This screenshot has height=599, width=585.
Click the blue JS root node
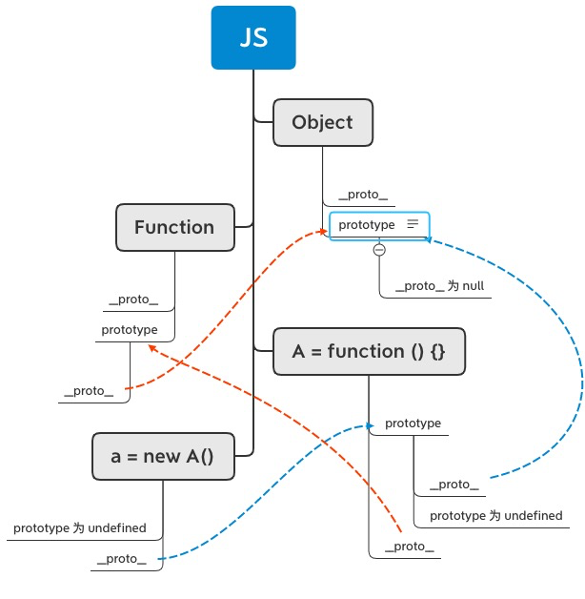click(253, 38)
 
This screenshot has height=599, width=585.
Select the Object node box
click(322, 122)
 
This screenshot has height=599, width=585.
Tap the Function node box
click(174, 227)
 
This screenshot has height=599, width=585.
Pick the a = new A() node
click(162, 456)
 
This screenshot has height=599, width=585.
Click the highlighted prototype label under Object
click(367, 225)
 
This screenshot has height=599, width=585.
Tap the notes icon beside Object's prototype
click(413, 224)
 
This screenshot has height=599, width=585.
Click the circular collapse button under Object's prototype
click(379, 250)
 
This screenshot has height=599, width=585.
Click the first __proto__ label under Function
click(133, 299)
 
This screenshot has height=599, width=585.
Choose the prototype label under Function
click(129, 330)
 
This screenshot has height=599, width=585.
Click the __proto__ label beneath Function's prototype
click(89, 391)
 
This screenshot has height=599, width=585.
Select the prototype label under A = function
click(413, 423)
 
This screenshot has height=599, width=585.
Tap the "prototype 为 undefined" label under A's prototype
click(495, 516)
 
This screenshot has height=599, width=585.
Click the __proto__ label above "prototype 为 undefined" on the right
click(454, 485)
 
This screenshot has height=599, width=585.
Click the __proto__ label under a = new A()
click(121, 559)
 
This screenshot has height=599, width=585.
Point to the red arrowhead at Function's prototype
click(151, 348)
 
